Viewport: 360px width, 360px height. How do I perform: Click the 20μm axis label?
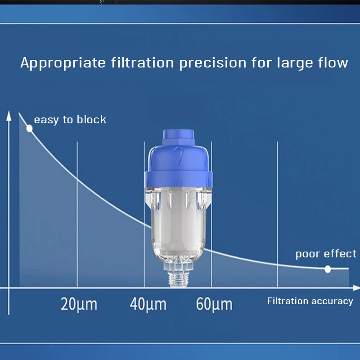[x=79, y=304]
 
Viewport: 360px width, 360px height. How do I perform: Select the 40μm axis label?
[x=148, y=304]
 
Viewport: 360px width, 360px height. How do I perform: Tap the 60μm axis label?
[x=214, y=304]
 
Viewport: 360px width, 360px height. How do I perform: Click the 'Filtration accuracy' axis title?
[x=310, y=301]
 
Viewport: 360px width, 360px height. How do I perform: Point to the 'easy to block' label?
[x=70, y=120]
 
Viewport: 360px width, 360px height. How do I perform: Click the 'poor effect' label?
[x=326, y=254]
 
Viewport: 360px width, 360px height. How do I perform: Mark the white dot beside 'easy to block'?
[x=29, y=128]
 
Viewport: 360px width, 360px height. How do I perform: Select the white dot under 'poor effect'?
[x=328, y=269]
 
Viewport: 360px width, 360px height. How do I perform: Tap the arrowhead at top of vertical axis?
[x=9, y=115]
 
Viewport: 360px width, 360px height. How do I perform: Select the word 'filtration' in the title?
[x=142, y=63]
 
